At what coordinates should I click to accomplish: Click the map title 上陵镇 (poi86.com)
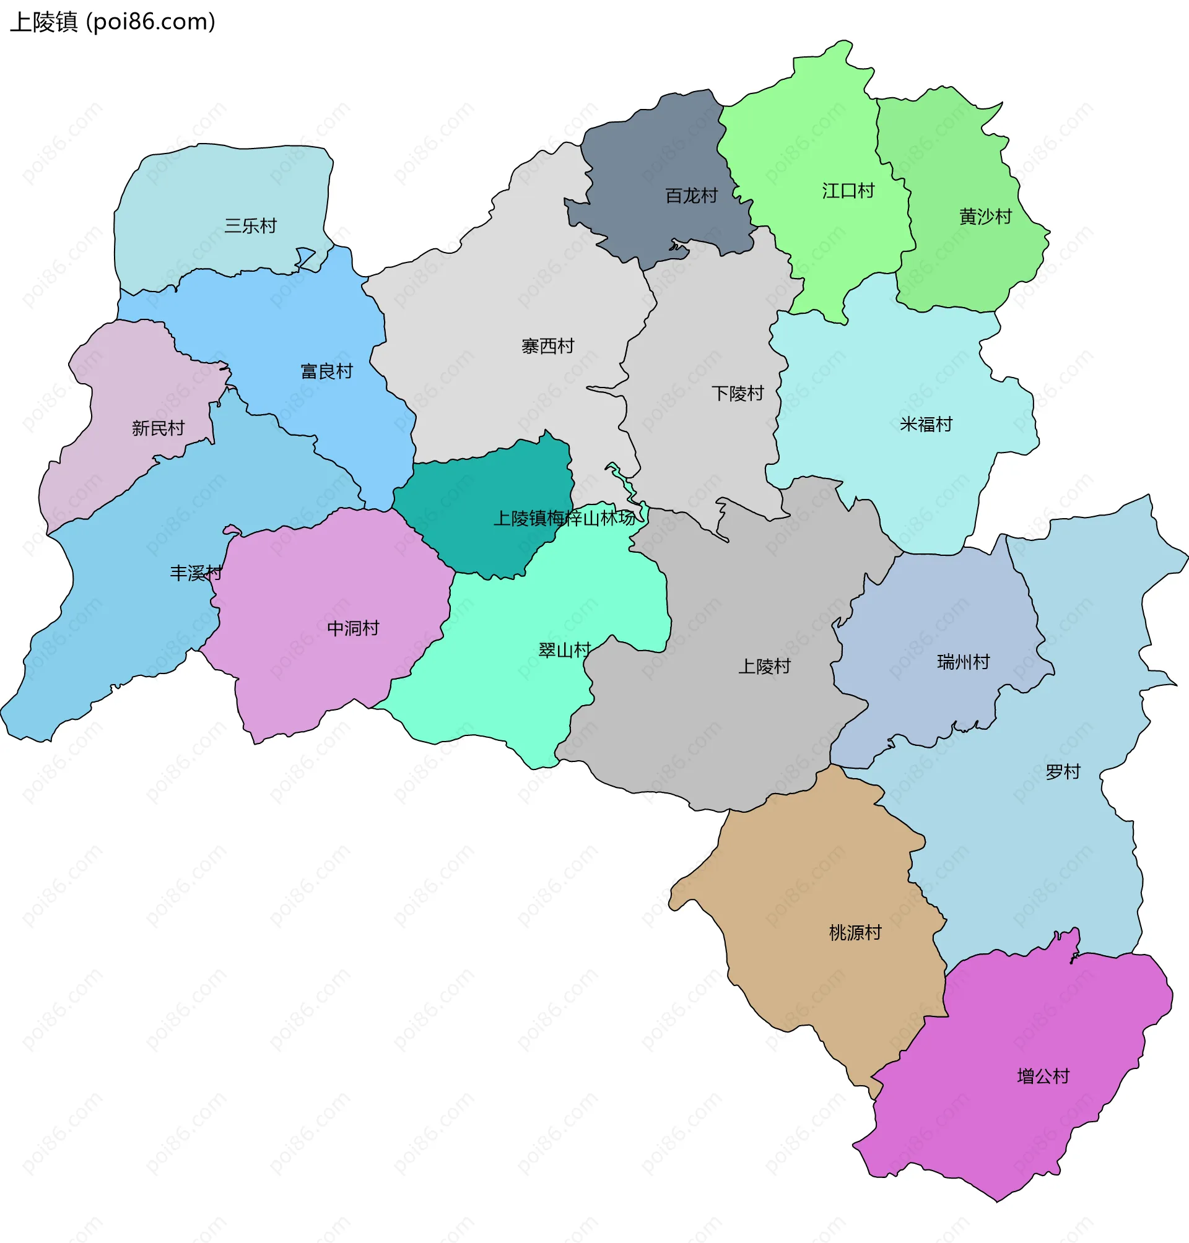113,22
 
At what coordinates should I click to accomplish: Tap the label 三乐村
250,225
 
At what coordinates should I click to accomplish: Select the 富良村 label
326,371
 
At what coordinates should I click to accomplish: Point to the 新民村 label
158,428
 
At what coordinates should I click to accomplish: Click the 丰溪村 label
196,573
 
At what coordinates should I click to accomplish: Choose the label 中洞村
353,628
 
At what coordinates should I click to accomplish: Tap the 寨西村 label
547,346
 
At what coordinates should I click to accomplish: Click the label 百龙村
692,196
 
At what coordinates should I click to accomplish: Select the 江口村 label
848,191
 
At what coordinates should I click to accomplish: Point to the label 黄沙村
985,217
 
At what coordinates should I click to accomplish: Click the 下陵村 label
738,394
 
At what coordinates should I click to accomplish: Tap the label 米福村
926,424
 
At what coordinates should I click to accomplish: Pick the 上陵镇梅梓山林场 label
564,518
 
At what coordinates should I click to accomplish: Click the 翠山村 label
564,650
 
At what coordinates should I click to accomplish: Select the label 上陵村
764,666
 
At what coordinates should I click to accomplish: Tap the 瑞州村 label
964,662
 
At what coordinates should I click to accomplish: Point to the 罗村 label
1063,772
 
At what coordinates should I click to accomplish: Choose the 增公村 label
1043,1076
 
